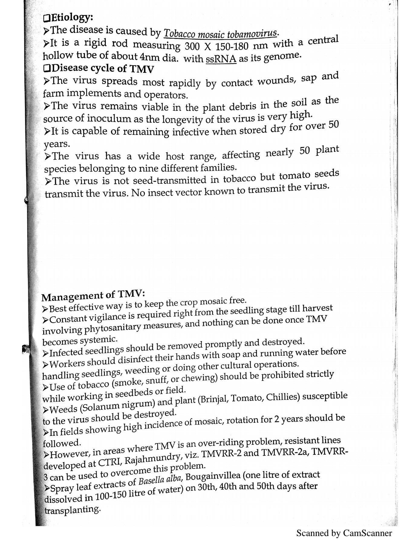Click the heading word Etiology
72,18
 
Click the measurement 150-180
233,47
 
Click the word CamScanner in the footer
367,533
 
